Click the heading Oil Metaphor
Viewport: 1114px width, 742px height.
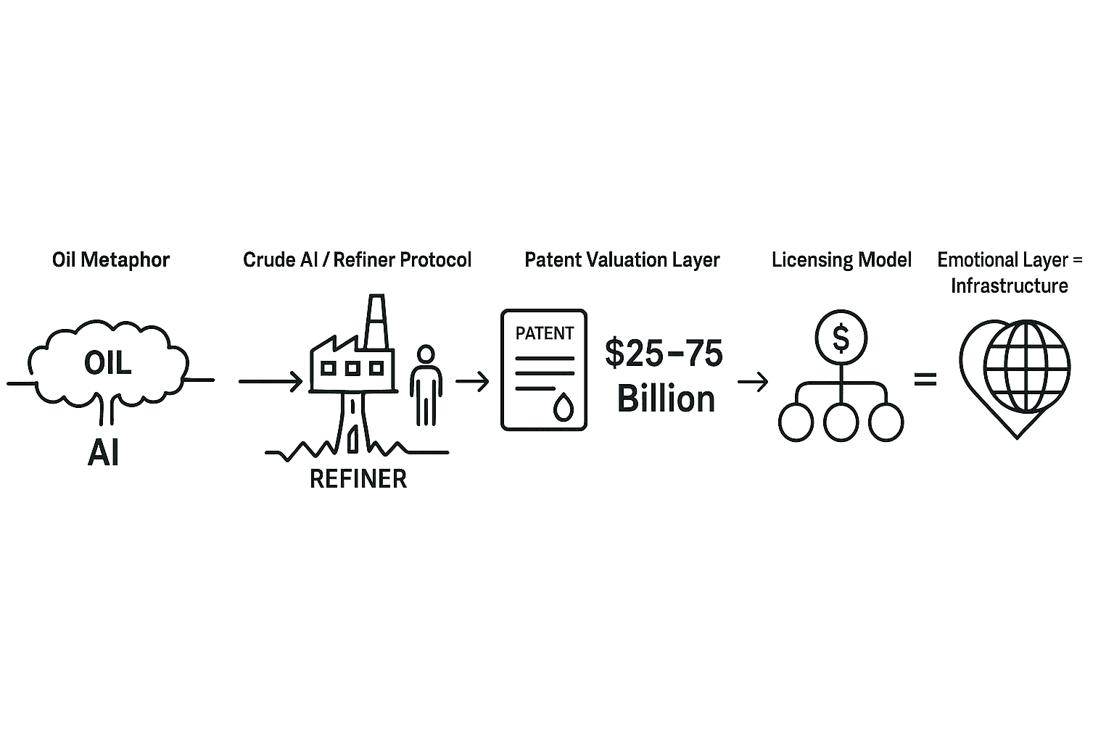(x=111, y=259)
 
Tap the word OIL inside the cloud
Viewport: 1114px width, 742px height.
(x=108, y=362)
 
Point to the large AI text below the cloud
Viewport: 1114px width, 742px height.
(x=103, y=453)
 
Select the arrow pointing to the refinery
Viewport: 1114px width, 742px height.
(x=270, y=381)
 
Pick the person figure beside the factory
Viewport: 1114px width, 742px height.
(x=426, y=384)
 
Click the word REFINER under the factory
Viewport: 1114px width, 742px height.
(x=358, y=479)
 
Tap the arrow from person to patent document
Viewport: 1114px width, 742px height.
(x=472, y=381)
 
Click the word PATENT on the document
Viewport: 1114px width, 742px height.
(x=544, y=333)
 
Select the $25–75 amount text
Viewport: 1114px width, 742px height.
(x=664, y=354)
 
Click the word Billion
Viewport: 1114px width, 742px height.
(x=666, y=399)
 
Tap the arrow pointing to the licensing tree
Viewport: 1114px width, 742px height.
(x=753, y=381)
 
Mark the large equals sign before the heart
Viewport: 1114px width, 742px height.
(x=925, y=378)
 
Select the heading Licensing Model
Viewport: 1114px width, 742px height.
(x=841, y=259)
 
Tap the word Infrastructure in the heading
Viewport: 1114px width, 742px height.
(x=1009, y=285)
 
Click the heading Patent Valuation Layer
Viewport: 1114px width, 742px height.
(x=622, y=259)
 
